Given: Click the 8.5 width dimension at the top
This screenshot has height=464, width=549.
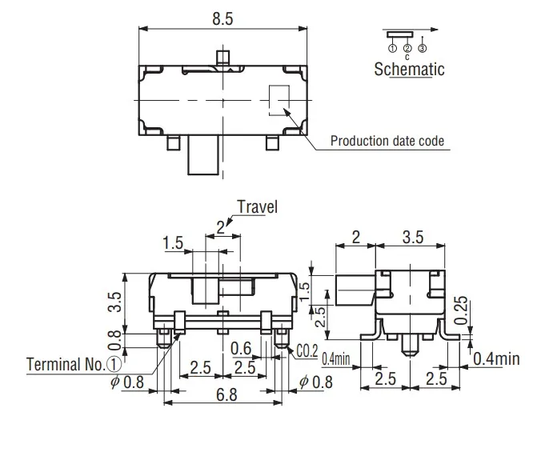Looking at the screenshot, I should [223, 20].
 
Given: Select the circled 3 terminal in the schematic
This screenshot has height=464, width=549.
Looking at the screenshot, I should [421, 50].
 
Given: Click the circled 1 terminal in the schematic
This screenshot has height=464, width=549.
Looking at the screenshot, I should [393, 50].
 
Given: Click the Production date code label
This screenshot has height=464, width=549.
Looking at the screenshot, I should [388, 142].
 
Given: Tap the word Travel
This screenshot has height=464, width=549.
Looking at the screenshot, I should [258, 207].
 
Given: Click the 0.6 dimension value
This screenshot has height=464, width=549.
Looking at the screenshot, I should [239, 349].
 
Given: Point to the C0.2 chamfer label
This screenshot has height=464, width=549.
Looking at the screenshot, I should [306, 350].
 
